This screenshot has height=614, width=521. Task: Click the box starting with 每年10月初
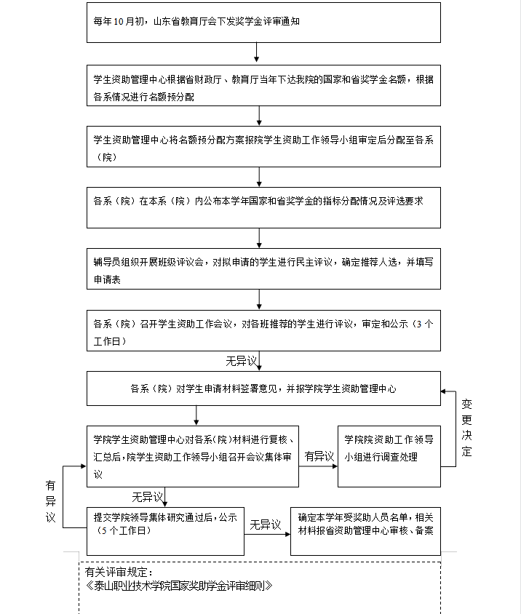click(x=263, y=23)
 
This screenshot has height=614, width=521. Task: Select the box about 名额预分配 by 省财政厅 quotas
click(x=263, y=85)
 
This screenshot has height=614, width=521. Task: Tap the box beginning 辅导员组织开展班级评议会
click(x=263, y=268)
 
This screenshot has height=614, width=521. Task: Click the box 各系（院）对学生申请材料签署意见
click(x=263, y=388)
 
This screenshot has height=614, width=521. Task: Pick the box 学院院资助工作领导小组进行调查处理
click(x=389, y=457)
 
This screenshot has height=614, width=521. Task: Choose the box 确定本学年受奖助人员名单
click(x=365, y=531)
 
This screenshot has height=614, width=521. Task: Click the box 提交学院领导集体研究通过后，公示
click(x=165, y=531)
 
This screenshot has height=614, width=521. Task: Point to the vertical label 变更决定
click(x=466, y=428)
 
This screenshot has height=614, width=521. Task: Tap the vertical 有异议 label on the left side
click(x=50, y=502)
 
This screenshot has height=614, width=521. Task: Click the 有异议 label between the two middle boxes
click(x=319, y=456)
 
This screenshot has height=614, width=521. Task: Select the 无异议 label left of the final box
click(x=266, y=525)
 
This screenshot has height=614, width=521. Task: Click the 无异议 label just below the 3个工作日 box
click(x=242, y=361)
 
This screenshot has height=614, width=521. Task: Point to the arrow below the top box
click(x=257, y=52)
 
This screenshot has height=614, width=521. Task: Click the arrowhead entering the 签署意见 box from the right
click(x=443, y=391)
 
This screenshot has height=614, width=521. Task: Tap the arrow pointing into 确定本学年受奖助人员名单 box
click(x=267, y=534)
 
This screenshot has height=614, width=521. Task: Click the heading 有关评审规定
click(x=119, y=572)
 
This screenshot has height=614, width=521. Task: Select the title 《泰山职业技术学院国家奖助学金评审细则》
click(x=178, y=586)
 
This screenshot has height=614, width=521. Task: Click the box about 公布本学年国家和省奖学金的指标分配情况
click(x=263, y=207)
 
